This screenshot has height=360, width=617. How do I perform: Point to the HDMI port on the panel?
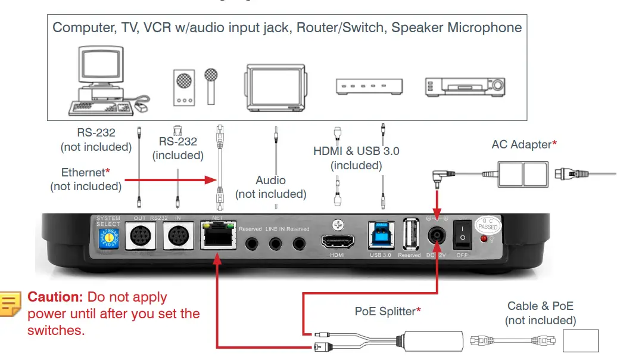(x=338, y=241)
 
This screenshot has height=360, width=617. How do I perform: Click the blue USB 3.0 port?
(x=381, y=236)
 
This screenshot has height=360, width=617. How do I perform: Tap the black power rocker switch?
(x=463, y=235)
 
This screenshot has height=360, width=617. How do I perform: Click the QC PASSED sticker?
(x=488, y=224)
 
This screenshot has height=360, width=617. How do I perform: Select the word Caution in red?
(x=55, y=297)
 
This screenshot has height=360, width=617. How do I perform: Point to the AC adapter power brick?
(x=523, y=175)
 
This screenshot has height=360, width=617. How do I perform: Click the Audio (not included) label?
(x=270, y=187)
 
